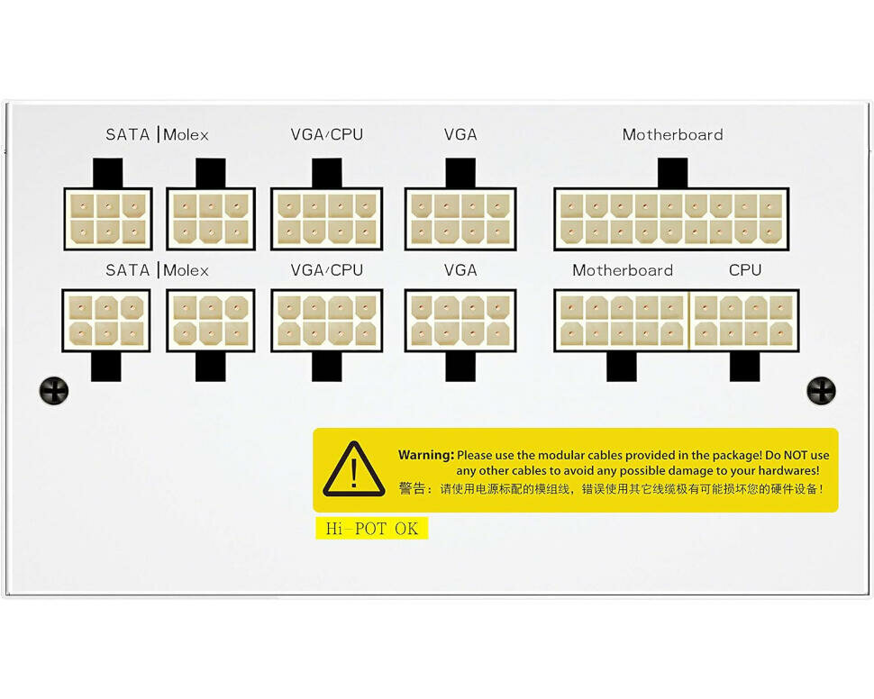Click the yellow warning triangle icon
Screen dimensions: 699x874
click(x=354, y=469)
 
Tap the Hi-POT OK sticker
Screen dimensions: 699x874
click(x=371, y=529)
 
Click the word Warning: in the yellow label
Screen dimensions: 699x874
click(x=425, y=456)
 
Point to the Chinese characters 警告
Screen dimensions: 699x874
click(x=414, y=489)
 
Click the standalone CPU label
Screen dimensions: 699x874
click(x=744, y=270)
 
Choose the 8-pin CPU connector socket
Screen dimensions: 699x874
click(x=744, y=321)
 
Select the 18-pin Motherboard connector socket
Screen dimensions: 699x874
click(x=671, y=219)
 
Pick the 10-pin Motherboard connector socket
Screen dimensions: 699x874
click(x=622, y=321)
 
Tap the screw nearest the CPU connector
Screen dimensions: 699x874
click(x=821, y=390)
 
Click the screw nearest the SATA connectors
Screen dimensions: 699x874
click(x=54, y=390)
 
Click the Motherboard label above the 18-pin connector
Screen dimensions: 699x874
click(x=672, y=135)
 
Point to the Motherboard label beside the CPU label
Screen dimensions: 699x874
click(x=623, y=270)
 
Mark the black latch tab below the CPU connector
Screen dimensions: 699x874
click(x=744, y=366)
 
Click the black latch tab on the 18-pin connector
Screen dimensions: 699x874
click(x=672, y=173)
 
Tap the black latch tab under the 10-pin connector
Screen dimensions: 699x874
click(x=622, y=366)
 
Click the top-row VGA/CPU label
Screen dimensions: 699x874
click(x=326, y=135)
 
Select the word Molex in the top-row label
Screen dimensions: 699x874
click(x=187, y=135)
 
